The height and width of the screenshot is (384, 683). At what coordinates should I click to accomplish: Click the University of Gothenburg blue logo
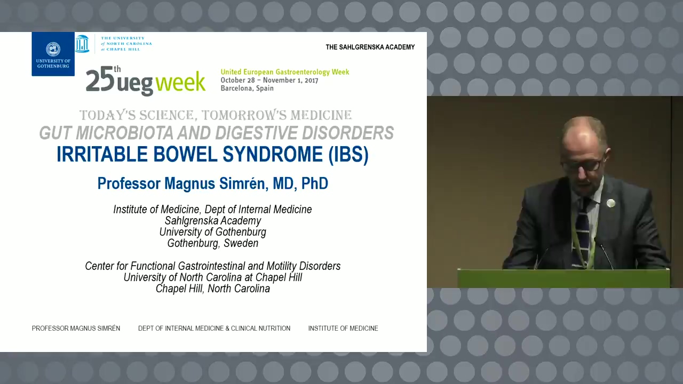[53, 54]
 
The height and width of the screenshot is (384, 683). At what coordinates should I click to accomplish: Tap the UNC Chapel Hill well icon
[82, 44]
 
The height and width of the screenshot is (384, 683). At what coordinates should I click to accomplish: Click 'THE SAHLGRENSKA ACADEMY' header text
[370, 47]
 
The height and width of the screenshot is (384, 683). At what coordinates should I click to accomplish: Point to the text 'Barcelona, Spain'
[247, 89]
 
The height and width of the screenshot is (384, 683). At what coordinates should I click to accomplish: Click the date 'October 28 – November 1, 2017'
[269, 80]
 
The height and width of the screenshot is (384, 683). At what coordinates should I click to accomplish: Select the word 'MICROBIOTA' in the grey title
[124, 133]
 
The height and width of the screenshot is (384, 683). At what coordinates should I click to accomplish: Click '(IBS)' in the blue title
[348, 154]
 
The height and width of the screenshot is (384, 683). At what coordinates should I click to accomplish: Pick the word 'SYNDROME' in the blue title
[272, 154]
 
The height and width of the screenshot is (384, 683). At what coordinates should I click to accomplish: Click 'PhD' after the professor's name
[315, 183]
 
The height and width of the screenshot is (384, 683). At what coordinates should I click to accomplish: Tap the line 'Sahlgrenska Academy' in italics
[213, 221]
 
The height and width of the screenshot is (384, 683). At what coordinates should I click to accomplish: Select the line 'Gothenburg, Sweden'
[213, 243]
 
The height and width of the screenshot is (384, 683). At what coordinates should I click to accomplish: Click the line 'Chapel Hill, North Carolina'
[213, 289]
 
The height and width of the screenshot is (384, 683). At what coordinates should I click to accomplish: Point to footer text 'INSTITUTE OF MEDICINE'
[343, 328]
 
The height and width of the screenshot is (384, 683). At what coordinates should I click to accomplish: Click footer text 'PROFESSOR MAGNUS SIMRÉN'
[76, 328]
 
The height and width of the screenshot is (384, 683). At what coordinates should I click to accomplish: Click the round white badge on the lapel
[611, 203]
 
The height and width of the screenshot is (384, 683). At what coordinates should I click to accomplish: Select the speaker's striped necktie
[582, 231]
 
